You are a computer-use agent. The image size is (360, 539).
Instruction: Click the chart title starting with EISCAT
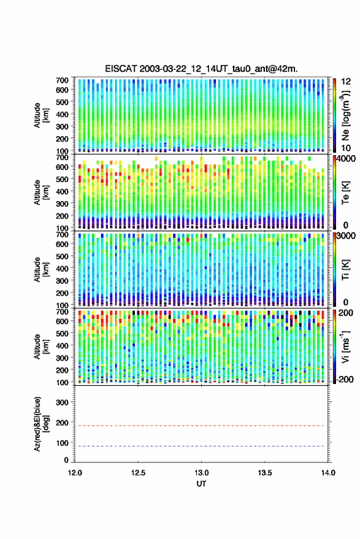202,69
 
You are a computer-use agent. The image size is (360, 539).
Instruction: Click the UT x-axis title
201,484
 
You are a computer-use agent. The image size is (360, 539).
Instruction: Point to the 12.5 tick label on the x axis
138,473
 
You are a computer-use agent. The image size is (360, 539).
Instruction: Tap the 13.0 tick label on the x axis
202,473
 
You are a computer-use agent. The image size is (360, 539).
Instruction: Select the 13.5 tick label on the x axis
265,473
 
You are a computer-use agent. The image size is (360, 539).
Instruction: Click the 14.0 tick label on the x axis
328,473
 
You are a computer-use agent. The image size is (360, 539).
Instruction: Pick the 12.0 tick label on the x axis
75,473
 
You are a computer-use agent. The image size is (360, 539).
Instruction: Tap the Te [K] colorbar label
345,193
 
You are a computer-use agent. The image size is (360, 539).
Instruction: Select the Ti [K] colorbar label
345,270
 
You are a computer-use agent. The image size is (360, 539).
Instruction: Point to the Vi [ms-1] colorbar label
345,347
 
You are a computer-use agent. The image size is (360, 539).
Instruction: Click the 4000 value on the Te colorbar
346,159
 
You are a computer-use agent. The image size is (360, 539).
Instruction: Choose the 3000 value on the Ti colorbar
346,236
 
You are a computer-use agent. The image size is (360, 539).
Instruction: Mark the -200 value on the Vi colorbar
345,380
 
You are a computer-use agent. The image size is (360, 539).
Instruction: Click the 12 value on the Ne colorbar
347,82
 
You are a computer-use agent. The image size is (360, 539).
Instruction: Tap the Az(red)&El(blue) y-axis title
40,424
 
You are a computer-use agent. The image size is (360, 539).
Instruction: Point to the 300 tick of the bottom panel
62,402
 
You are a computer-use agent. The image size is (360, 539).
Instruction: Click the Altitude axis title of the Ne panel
41,115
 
